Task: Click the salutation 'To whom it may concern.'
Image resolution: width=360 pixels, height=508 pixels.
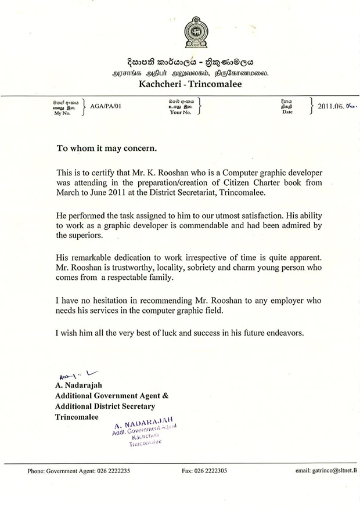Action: (x=106, y=148)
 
